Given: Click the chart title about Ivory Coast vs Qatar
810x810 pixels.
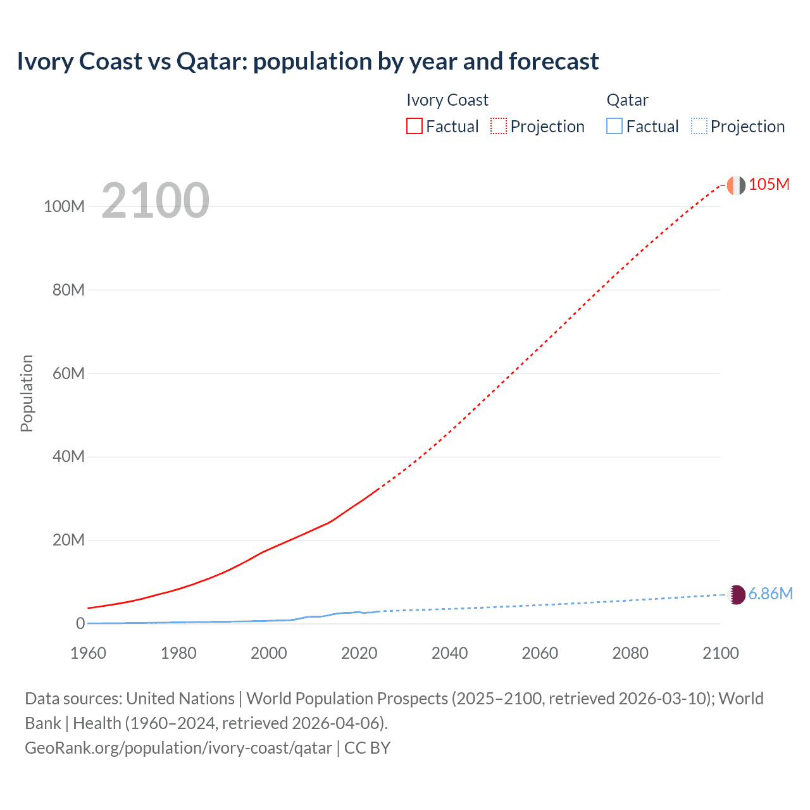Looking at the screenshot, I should pyautogui.click(x=308, y=61).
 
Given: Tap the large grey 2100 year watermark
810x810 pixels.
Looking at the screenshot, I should pyautogui.click(x=155, y=201).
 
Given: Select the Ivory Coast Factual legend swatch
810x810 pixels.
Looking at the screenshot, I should pyautogui.click(x=414, y=127).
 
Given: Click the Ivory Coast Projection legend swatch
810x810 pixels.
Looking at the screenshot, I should pyautogui.click(x=499, y=127).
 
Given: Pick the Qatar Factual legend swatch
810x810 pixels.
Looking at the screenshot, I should pyautogui.click(x=614, y=127).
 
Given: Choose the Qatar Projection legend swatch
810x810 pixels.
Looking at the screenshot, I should pyautogui.click(x=699, y=127).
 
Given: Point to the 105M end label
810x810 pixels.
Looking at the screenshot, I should pyautogui.click(x=769, y=184).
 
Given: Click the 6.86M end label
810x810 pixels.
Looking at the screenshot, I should pyautogui.click(x=770, y=594).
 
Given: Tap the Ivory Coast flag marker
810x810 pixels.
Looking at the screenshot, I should pyautogui.click(x=736, y=185).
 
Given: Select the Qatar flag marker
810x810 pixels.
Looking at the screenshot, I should pyautogui.click(x=737, y=595).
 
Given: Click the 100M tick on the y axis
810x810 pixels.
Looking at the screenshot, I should pyautogui.click(x=64, y=206).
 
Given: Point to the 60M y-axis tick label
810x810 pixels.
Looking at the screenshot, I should pyautogui.click(x=68, y=373).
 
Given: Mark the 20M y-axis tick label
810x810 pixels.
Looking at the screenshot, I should pyautogui.click(x=68, y=540).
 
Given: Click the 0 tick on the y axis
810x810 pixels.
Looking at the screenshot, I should pyautogui.click(x=80, y=623).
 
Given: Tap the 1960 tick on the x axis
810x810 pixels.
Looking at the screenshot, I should pyautogui.click(x=88, y=653).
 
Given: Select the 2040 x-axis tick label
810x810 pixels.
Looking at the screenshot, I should pyautogui.click(x=449, y=653).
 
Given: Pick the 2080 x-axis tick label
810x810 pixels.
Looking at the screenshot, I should pyautogui.click(x=630, y=653).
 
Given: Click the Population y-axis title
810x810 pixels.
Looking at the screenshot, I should pyautogui.click(x=27, y=393).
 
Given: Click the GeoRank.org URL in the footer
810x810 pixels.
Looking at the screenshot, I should pyautogui.click(x=178, y=748).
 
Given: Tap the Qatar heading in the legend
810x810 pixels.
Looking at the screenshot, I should pyautogui.click(x=627, y=100).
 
